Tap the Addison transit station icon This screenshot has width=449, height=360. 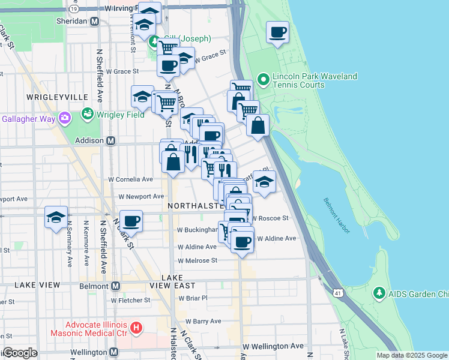coord(110,140)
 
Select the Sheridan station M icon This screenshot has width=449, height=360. coord(94,21)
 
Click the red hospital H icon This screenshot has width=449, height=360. coord(137,328)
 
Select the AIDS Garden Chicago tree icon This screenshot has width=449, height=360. coord(379,293)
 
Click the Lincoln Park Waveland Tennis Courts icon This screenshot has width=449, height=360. coord(263,79)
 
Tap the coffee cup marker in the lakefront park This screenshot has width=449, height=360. coord(277,32)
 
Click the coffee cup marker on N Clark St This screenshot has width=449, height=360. coord(131,221)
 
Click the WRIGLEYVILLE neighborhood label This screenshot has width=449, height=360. coord(57,97)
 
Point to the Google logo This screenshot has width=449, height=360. coord(19,353)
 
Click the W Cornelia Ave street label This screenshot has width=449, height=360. coord(130,179)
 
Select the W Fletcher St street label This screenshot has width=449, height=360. coord(130,300)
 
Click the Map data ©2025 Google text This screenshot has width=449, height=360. coord(411,355)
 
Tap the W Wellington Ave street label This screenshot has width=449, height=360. coord(273,346)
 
